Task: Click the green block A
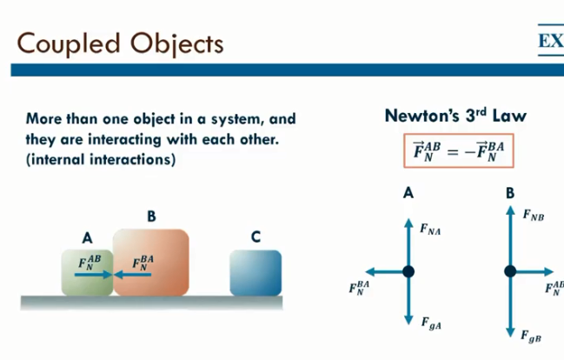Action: (87, 272)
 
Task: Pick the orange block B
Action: (152, 263)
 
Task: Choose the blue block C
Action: (255, 272)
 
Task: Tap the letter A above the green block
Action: (87, 237)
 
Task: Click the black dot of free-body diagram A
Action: (408, 271)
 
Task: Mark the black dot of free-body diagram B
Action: (510, 271)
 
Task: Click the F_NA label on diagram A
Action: (430, 230)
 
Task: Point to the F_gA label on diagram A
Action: (431, 323)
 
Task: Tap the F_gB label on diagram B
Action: (531, 335)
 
